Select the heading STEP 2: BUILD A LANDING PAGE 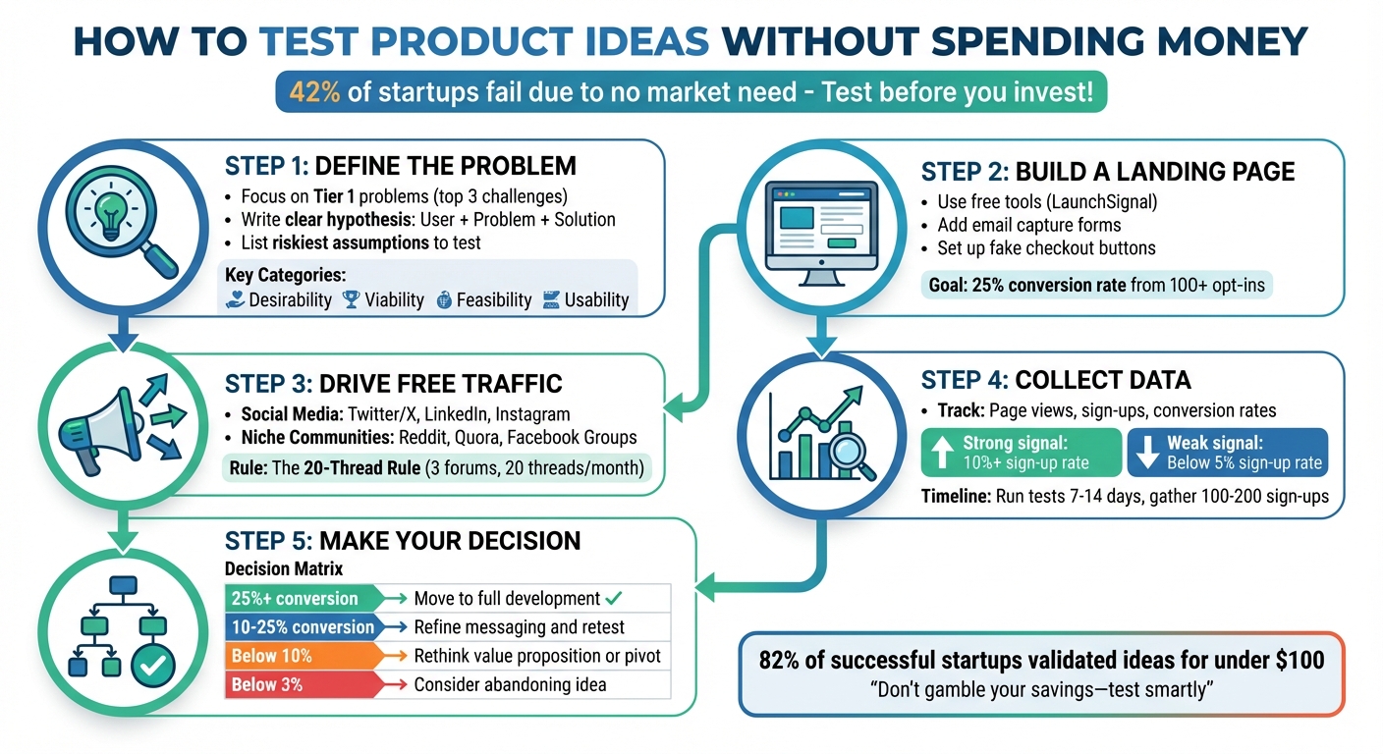1108,172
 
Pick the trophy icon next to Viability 351,300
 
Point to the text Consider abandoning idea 510,684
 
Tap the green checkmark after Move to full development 615,598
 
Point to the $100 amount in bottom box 1298,660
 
